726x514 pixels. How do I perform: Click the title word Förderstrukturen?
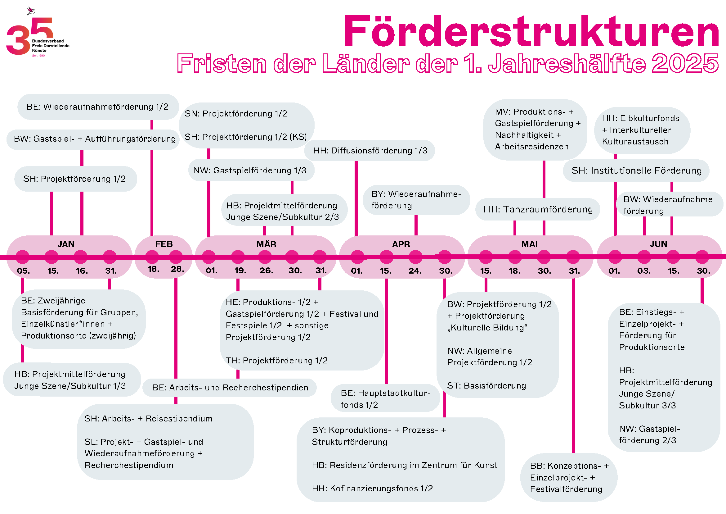531,32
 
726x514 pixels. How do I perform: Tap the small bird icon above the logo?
31,11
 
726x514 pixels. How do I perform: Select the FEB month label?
164,244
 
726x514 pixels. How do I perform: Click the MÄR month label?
266,244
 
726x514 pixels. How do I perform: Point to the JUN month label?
658,244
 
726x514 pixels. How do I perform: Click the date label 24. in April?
415,271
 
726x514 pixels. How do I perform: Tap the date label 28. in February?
177,269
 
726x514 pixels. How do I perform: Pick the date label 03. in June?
644,271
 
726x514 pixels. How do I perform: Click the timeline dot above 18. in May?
515,257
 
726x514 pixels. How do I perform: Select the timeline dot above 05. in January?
22,257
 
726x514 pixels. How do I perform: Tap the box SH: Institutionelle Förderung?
636,171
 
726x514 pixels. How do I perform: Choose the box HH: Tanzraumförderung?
538,210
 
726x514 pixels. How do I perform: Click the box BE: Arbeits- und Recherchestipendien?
230,388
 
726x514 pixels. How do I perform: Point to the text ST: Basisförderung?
486,386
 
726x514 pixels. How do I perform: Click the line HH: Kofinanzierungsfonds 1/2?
372,489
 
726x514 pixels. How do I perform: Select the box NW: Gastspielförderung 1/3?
250,171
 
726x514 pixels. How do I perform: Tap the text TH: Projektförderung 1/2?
277,361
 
